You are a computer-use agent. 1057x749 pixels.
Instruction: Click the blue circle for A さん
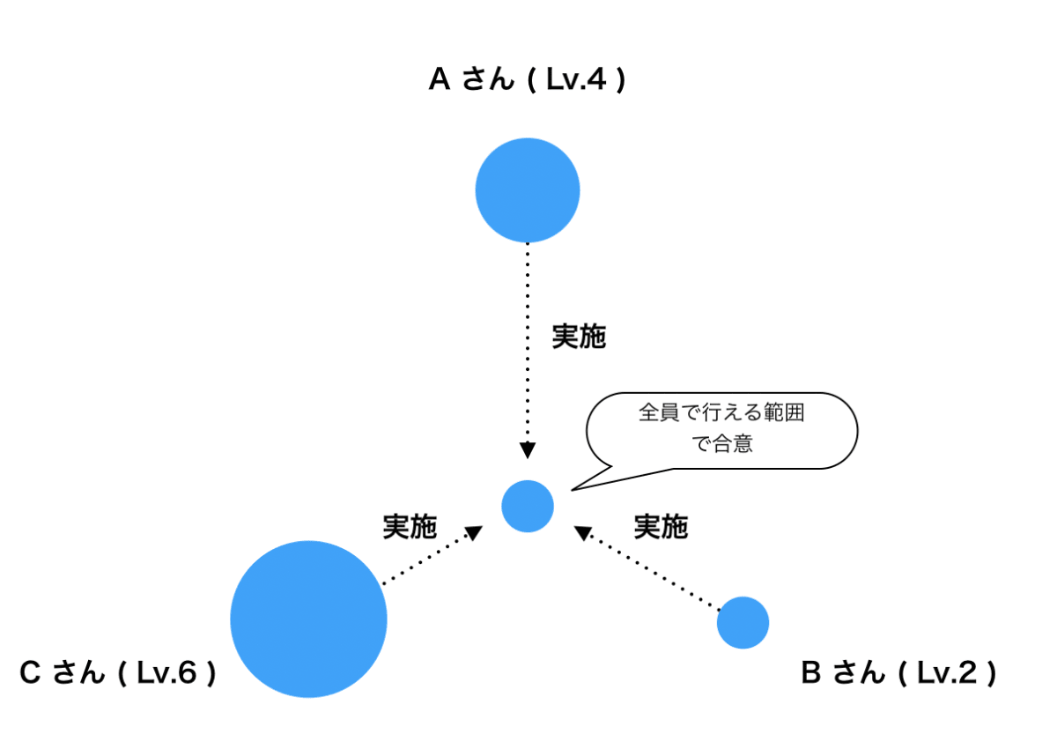(528, 190)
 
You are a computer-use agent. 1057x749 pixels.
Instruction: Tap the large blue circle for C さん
(308, 619)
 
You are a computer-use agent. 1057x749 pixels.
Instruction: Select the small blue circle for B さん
(743, 622)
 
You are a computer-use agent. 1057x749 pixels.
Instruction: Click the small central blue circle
(528, 507)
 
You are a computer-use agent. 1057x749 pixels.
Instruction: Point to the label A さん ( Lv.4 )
(527, 81)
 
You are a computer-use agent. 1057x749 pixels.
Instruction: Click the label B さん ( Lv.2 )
(898, 674)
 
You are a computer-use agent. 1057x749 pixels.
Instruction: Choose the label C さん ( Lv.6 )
(118, 674)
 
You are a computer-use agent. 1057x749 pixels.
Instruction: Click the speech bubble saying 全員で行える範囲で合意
(721, 429)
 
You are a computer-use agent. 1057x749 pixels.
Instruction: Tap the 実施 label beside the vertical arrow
(579, 337)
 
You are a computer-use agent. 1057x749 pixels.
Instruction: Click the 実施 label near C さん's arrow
(410, 527)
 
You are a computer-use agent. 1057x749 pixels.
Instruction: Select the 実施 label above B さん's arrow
(661, 527)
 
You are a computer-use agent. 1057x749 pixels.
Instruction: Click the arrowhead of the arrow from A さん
(528, 450)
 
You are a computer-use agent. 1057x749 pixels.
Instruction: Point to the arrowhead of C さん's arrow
(474, 532)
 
